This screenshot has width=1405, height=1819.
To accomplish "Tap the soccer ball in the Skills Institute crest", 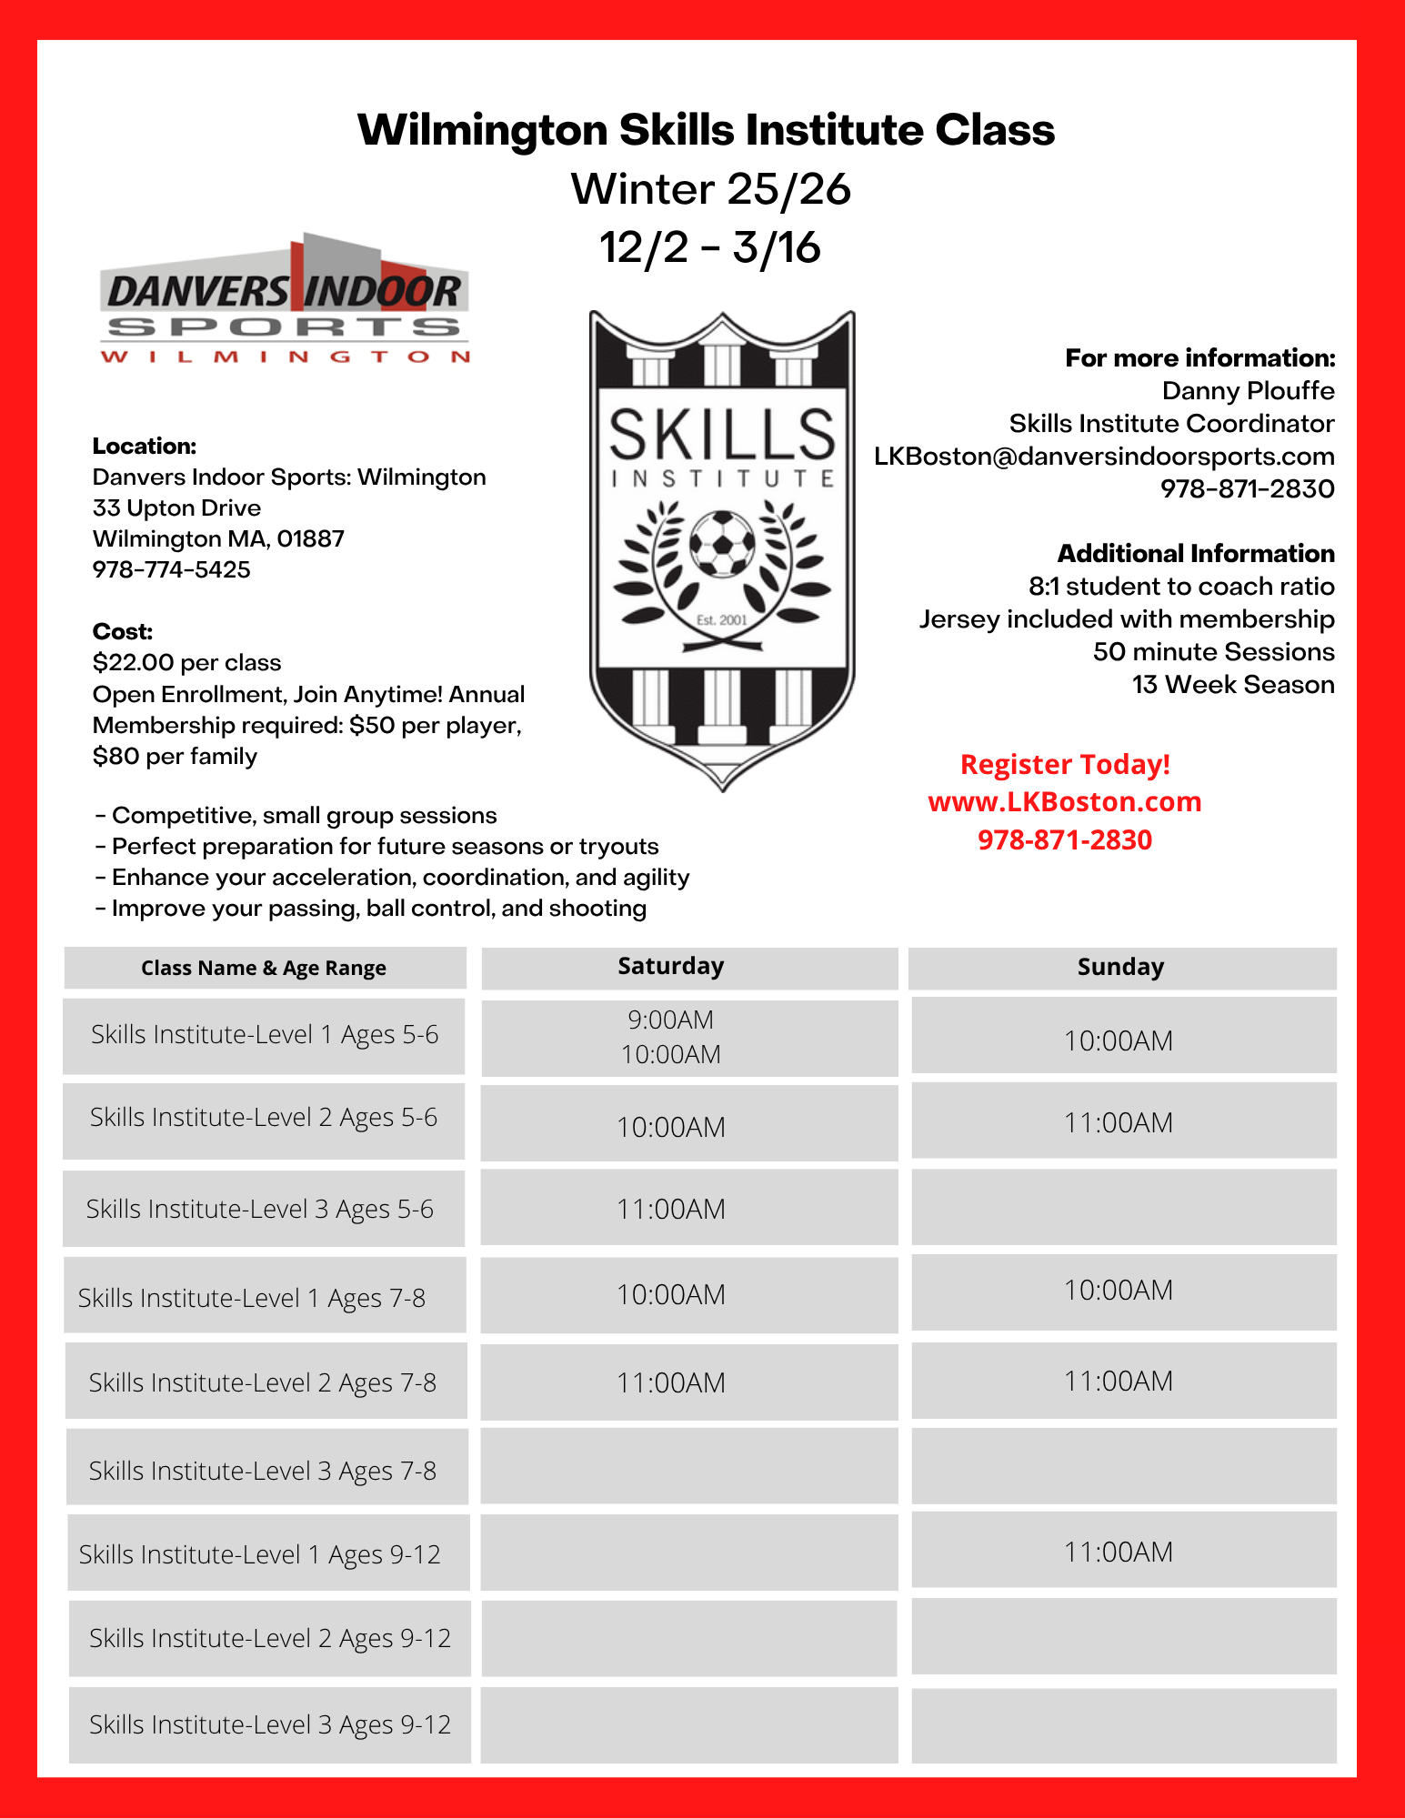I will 722,543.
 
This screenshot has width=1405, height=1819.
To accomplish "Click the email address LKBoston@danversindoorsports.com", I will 1104,457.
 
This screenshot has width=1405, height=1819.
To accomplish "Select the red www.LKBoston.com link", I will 1064,802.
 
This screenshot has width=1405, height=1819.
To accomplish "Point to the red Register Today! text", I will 1065,765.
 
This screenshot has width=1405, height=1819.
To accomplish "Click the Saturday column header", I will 671,967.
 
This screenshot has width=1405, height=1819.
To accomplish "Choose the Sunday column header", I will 1120,968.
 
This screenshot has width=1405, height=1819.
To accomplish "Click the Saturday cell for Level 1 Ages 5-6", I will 671,1038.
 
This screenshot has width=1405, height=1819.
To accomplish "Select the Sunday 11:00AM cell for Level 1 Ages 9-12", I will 1119,1553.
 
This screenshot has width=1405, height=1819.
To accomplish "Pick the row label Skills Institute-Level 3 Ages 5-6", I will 260,1210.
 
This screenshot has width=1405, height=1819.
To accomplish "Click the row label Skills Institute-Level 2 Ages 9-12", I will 270,1639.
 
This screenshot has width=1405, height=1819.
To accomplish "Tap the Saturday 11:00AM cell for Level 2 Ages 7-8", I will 671,1383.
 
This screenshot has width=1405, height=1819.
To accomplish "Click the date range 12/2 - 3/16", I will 710,248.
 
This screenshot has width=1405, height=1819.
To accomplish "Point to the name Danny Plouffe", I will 1248,391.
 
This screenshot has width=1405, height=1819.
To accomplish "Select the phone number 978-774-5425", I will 172,570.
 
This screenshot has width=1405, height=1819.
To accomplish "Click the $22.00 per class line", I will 187,663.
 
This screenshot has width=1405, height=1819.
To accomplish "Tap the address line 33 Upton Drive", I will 177,508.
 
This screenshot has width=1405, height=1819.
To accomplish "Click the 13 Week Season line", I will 1233,685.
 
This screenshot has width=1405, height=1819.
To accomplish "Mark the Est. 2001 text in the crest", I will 721,620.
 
